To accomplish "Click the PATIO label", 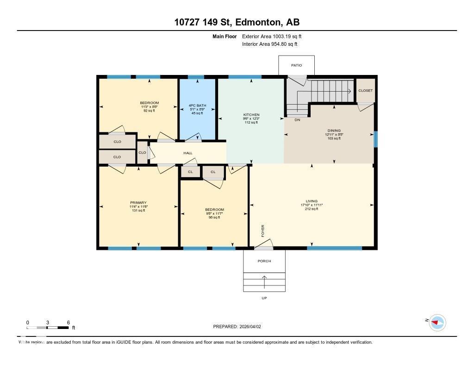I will [x=296, y=65].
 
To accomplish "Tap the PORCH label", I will [x=264, y=261].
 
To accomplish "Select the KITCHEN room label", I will [x=251, y=115].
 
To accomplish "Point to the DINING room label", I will [x=333, y=131].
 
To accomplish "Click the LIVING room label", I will [x=312, y=201].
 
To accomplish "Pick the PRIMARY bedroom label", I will [x=138, y=203].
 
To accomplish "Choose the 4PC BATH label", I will [x=197, y=105].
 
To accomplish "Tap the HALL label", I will [x=187, y=153].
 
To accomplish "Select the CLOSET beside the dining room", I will [x=365, y=91].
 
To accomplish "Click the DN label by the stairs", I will [x=297, y=120].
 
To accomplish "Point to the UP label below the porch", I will [x=264, y=298].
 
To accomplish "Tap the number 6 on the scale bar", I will [x=68, y=322].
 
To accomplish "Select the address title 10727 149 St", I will [x=237, y=22].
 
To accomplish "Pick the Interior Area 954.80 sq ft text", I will [x=269, y=44].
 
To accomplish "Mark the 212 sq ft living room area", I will [x=312, y=209].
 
